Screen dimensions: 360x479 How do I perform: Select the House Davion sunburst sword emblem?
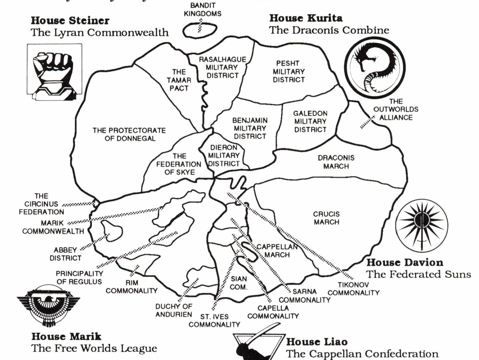click(x=421, y=225)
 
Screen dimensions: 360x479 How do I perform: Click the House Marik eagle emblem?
click(x=48, y=304)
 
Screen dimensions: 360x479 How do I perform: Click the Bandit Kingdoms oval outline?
click(x=200, y=30)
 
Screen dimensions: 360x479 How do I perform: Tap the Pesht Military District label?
click(x=288, y=71)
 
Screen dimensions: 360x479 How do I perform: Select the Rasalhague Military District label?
click(x=222, y=68)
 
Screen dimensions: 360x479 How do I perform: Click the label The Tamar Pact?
click(x=179, y=80)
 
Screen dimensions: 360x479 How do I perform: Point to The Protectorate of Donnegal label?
click(x=129, y=134)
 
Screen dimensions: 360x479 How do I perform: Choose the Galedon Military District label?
click(x=310, y=121)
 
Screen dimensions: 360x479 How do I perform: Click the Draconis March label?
click(x=336, y=162)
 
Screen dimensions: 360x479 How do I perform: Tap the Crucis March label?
click(x=326, y=218)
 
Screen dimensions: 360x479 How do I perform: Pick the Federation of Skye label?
click(x=179, y=164)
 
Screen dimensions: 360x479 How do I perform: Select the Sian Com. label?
click(x=239, y=283)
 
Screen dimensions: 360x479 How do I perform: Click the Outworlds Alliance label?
click(x=396, y=109)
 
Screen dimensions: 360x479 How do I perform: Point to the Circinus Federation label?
click(x=41, y=204)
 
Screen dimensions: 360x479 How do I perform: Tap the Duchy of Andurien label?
click(x=174, y=310)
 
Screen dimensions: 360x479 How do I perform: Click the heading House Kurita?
click(x=306, y=18)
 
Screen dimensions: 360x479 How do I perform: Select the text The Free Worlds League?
click(x=94, y=348)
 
